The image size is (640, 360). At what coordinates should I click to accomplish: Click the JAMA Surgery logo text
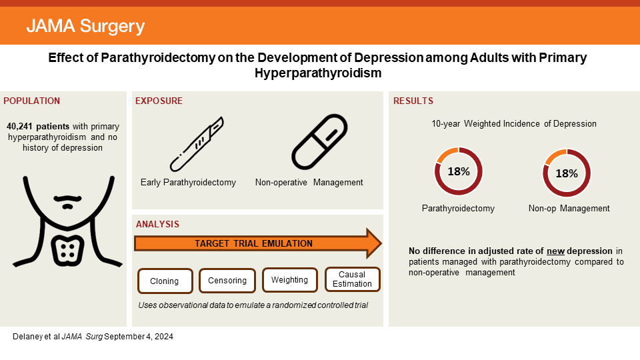[x=85, y=27]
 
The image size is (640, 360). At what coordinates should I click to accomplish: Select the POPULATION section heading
[x=32, y=101]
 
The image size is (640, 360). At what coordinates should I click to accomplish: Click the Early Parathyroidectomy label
[x=188, y=182]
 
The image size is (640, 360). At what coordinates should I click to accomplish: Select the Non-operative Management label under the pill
[x=309, y=182]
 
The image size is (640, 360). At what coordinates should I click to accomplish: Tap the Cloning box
[x=164, y=281]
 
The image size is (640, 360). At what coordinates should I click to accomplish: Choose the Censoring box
[x=227, y=281]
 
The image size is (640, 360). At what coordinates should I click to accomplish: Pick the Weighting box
[x=290, y=280]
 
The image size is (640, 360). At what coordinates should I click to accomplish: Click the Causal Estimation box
[x=353, y=279]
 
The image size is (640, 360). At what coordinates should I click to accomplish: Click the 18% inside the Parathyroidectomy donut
[x=459, y=171]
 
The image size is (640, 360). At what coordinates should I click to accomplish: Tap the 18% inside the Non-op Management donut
[x=567, y=173]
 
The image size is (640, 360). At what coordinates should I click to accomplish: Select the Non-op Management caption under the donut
[x=569, y=208]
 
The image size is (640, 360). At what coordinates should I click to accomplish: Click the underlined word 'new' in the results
[x=556, y=251]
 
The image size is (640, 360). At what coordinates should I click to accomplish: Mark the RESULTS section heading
[x=413, y=101]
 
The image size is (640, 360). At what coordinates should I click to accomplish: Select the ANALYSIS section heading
[x=157, y=225]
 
